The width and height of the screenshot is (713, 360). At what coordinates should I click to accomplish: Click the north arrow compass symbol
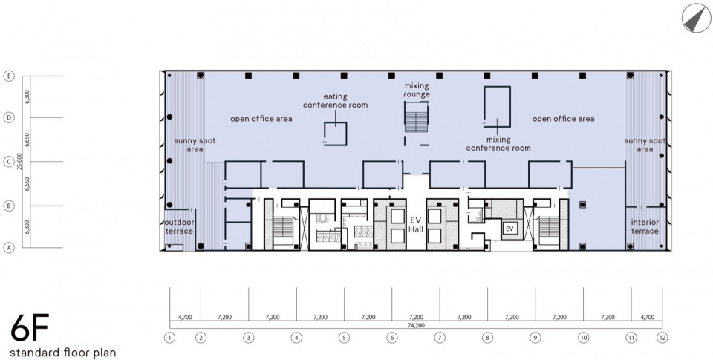696,18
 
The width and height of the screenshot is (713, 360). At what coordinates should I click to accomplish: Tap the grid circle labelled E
9,76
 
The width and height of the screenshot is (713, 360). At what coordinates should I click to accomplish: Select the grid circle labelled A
9,248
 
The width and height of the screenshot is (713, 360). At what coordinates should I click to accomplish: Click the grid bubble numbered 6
392,338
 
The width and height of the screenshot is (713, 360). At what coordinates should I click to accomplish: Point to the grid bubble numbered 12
662,338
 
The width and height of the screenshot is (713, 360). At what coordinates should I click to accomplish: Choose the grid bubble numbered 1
169,338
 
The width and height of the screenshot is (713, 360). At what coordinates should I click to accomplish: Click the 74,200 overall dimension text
416,325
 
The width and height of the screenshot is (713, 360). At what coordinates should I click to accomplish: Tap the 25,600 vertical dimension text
19,161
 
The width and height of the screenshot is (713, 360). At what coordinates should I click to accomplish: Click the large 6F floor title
30,328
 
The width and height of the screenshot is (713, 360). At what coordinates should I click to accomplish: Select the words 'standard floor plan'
62,353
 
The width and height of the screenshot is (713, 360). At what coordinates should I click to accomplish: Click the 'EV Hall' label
416,225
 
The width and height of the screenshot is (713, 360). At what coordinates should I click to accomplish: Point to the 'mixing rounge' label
416,90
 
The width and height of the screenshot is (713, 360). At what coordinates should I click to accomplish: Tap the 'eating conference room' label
336,100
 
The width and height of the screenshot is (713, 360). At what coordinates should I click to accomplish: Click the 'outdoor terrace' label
179,227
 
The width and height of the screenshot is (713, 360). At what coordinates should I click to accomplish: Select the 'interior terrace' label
645,226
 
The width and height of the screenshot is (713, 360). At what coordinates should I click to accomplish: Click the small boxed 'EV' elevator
509,229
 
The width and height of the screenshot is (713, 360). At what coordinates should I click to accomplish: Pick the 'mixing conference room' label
498,144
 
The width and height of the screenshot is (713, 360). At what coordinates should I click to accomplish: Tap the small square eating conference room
336,134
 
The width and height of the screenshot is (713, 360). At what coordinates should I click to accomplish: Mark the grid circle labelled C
9,161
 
